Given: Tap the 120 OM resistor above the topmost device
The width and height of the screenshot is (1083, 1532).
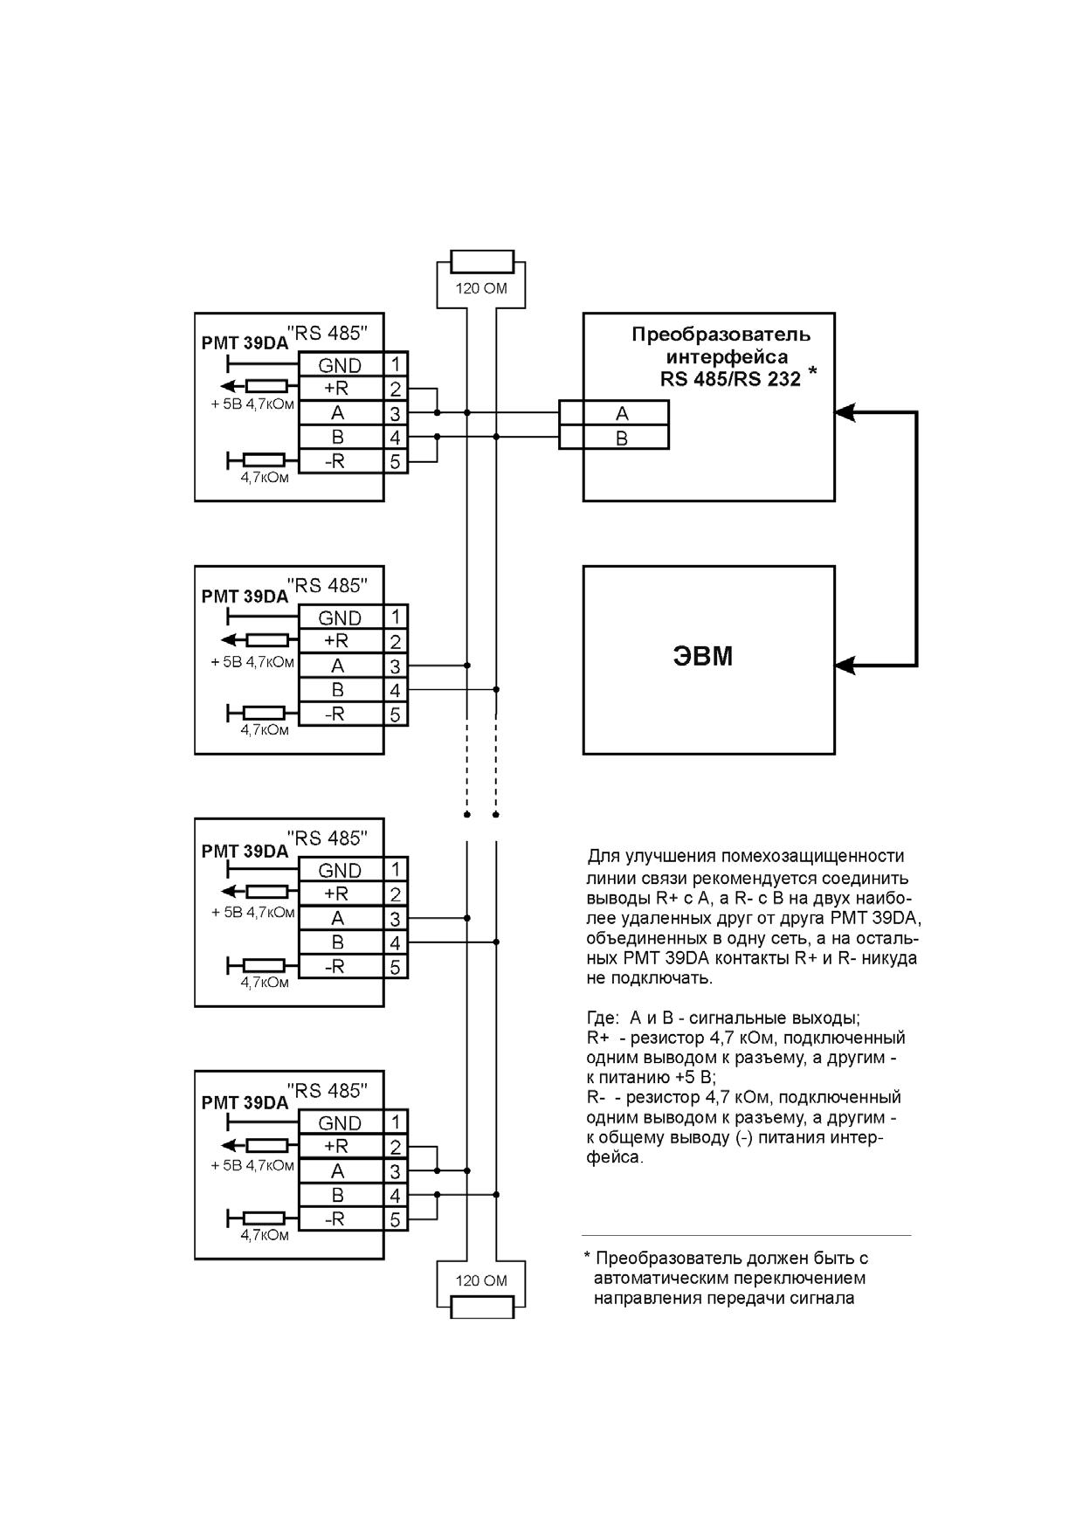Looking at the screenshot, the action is (x=481, y=262).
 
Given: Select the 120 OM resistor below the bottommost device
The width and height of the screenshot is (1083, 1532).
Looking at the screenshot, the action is (x=481, y=1308).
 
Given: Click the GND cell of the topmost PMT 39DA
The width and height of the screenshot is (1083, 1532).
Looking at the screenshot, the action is (x=341, y=365).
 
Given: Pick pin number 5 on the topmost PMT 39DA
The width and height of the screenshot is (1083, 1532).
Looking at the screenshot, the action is (x=396, y=461).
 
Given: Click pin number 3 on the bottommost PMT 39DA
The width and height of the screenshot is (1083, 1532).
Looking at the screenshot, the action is (x=396, y=1171).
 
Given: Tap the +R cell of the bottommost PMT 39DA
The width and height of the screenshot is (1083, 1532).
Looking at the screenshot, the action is (x=341, y=1146).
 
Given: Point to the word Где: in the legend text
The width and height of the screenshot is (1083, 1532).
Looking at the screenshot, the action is (x=604, y=1018).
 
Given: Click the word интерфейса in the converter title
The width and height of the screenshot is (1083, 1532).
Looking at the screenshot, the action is (x=727, y=357).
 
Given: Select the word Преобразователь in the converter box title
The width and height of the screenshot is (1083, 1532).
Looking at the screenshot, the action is (x=721, y=335).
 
